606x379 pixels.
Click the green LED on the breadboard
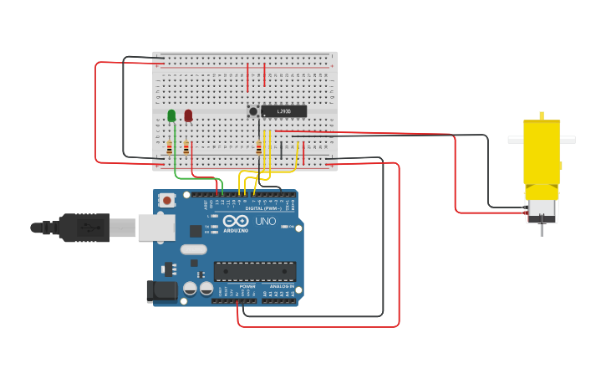pyautogui.click(x=171, y=115)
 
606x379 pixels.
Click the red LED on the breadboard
pyautogui.click(x=188, y=115)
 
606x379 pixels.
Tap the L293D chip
pyautogui.click(x=283, y=111)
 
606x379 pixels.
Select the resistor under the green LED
pyautogui.click(x=169, y=148)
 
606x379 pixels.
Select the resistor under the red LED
pyautogui.click(x=186, y=148)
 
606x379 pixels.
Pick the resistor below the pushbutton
pyautogui.click(x=258, y=148)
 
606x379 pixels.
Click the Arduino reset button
pyautogui.click(x=167, y=200)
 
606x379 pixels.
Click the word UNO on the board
pyautogui.click(x=265, y=222)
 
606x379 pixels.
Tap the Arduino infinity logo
pyautogui.click(x=236, y=220)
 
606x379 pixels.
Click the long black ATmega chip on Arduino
pyautogui.click(x=255, y=271)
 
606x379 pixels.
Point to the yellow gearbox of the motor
pyautogui.click(x=542, y=151)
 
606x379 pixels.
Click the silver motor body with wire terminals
pyautogui.click(x=542, y=209)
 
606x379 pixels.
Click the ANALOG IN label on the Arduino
pyautogui.click(x=281, y=286)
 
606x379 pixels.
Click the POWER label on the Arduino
pyautogui.click(x=247, y=286)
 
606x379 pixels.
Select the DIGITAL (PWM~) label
pyautogui.click(x=265, y=208)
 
